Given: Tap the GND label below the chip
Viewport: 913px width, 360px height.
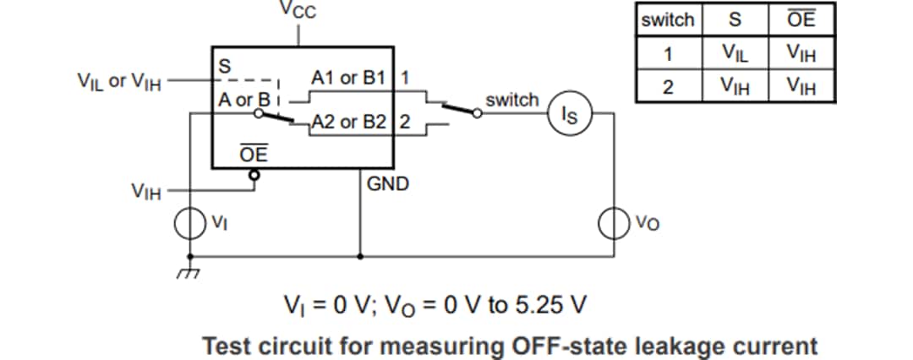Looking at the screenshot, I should coord(388,183).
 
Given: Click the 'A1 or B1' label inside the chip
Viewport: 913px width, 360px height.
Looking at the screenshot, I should coord(348,79).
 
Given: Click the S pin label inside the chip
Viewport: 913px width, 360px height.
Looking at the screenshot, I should coord(225,65).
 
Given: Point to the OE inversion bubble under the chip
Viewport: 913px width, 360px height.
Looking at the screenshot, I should coord(252,175).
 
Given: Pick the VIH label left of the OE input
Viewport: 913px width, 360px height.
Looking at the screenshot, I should coord(146,191).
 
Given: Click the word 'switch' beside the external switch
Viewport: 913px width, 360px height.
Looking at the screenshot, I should coord(511,100).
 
